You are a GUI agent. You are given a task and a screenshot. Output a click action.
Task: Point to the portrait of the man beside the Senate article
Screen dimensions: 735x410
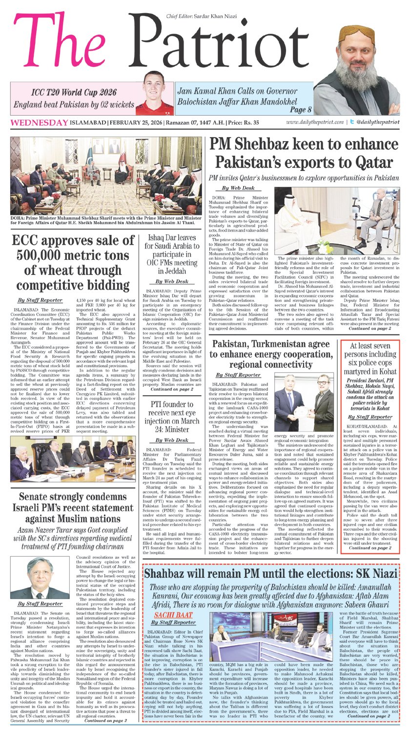click(40, 577)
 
